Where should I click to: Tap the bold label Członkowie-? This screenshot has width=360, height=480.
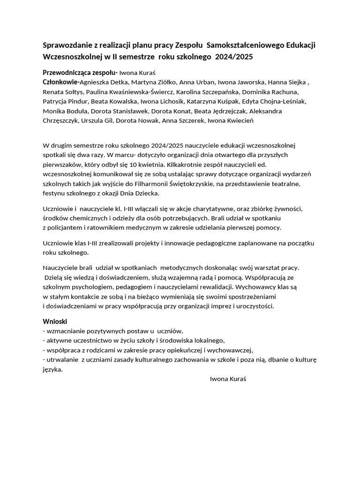60,82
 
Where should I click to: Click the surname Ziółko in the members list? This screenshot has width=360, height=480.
161,82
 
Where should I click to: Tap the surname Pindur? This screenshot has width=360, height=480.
76,101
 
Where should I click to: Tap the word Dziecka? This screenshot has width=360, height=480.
147,193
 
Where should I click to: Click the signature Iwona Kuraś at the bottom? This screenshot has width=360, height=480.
228,379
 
